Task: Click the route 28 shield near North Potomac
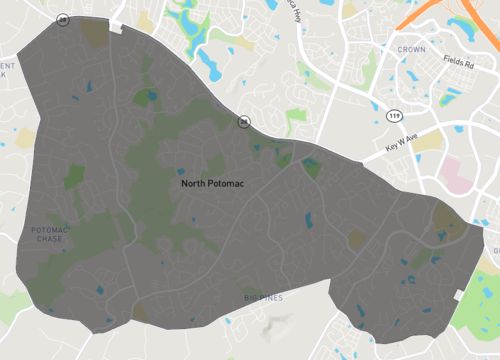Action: [243, 122]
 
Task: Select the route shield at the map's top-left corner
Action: [63, 19]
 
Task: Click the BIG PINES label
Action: [264, 297]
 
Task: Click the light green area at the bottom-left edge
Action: [12, 305]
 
